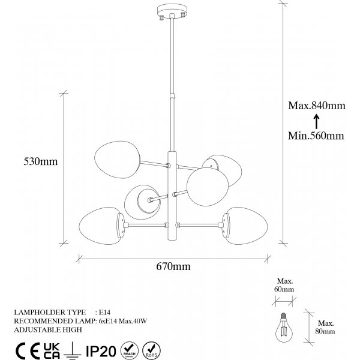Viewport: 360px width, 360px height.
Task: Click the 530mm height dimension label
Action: point(41,161)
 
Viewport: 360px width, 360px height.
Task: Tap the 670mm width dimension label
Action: point(173,266)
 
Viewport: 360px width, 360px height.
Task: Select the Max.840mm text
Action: point(317,106)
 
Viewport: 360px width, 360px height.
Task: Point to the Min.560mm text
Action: point(316,136)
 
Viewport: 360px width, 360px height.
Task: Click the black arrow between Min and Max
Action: point(317,121)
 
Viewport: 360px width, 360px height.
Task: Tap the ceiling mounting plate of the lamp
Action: point(172,11)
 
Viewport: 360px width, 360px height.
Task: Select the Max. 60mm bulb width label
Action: point(284,285)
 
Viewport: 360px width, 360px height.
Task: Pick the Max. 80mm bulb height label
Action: point(325,328)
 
